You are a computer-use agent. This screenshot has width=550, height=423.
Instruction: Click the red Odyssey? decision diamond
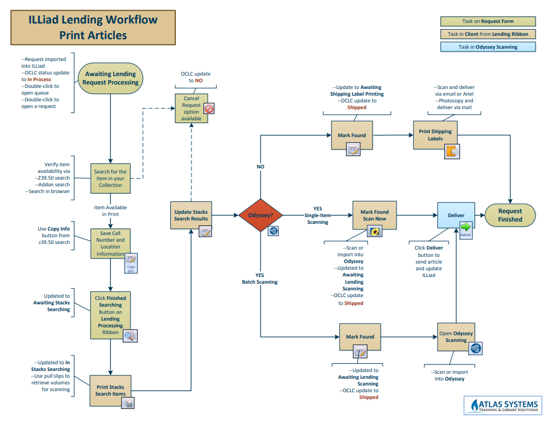coord(260,215)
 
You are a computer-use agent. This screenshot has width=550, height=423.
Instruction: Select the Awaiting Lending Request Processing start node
coord(110,78)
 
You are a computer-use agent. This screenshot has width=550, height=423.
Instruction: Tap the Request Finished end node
coord(510,215)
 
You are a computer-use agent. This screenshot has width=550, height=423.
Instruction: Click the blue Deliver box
coord(456,215)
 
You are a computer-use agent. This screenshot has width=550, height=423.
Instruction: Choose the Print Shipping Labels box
coord(435,135)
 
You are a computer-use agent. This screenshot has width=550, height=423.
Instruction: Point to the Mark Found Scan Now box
coord(374,215)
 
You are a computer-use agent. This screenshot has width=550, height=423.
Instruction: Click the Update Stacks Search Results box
coord(191,215)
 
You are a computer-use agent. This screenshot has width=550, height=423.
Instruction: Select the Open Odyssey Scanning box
coord(456,337)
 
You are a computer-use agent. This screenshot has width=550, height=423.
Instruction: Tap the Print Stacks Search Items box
coord(110,391)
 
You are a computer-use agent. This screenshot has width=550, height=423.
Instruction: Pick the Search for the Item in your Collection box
coord(110,178)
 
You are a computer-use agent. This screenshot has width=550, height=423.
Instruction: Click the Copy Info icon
coord(131,262)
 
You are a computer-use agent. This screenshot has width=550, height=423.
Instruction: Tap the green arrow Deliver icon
coord(465,228)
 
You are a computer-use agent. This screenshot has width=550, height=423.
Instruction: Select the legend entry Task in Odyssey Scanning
coord(488,47)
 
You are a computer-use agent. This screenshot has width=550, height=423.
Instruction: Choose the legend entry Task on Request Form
coord(488,21)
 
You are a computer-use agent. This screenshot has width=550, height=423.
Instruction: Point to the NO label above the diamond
coord(260,167)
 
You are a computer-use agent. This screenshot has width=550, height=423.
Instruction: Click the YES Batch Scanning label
coord(259,279)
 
